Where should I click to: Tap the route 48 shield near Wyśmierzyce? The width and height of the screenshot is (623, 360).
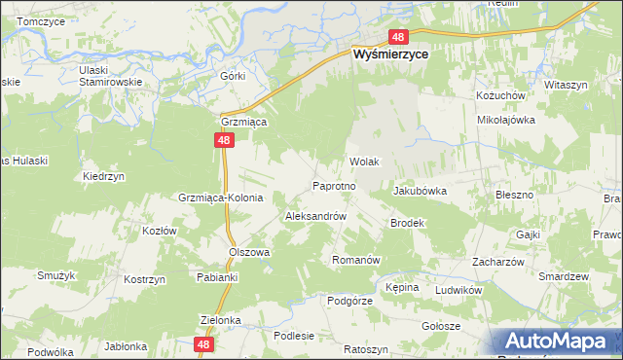coord(397,37)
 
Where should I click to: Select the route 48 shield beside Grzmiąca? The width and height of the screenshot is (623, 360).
coord(224,141)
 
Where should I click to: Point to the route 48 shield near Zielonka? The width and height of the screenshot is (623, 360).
coord(202,344)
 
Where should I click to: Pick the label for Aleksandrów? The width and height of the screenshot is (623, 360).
coord(315,216)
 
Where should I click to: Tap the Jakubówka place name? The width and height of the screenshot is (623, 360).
coord(420,192)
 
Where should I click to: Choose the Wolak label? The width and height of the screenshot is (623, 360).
coord(363,162)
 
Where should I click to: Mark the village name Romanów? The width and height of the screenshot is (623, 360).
coord(355,260)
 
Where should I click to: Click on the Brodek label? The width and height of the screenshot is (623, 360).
coord(408,223)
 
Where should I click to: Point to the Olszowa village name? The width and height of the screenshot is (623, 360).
coord(248,251)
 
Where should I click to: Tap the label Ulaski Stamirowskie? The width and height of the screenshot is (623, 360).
coord(110,76)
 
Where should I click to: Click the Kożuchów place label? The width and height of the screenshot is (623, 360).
coord(500,96)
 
